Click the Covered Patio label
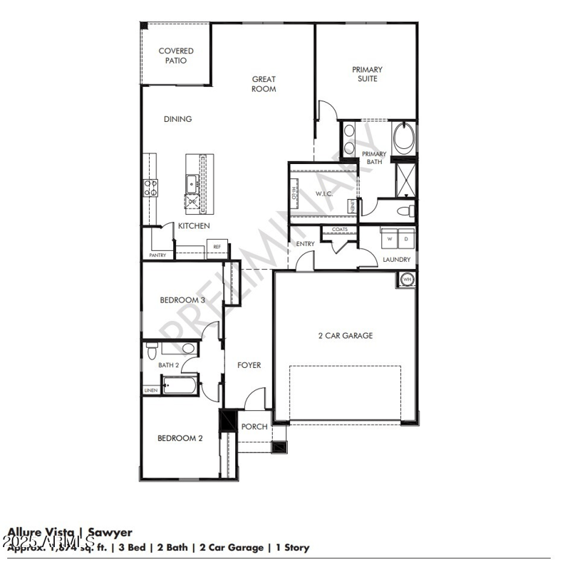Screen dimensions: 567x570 [x=176, y=56]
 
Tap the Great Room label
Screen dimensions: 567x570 [x=264, y=84]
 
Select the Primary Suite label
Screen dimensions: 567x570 [x=367, y=74]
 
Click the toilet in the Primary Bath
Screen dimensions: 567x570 [x=406, y=211]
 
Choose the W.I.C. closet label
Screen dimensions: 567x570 [x=324, y=193]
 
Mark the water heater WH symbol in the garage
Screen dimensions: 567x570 [x=408, y=279]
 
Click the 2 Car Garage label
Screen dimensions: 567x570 [x=345, y=335]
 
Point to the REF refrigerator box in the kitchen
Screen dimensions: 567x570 [x=217, y=247]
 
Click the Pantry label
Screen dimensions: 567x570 [x=157, y=255]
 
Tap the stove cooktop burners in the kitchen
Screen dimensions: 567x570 [x=151, y=188]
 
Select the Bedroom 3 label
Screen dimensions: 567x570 [x=182, y=300]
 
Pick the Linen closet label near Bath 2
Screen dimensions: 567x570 [x=150, y=391]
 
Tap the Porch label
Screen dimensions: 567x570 [x=254, y=426]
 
